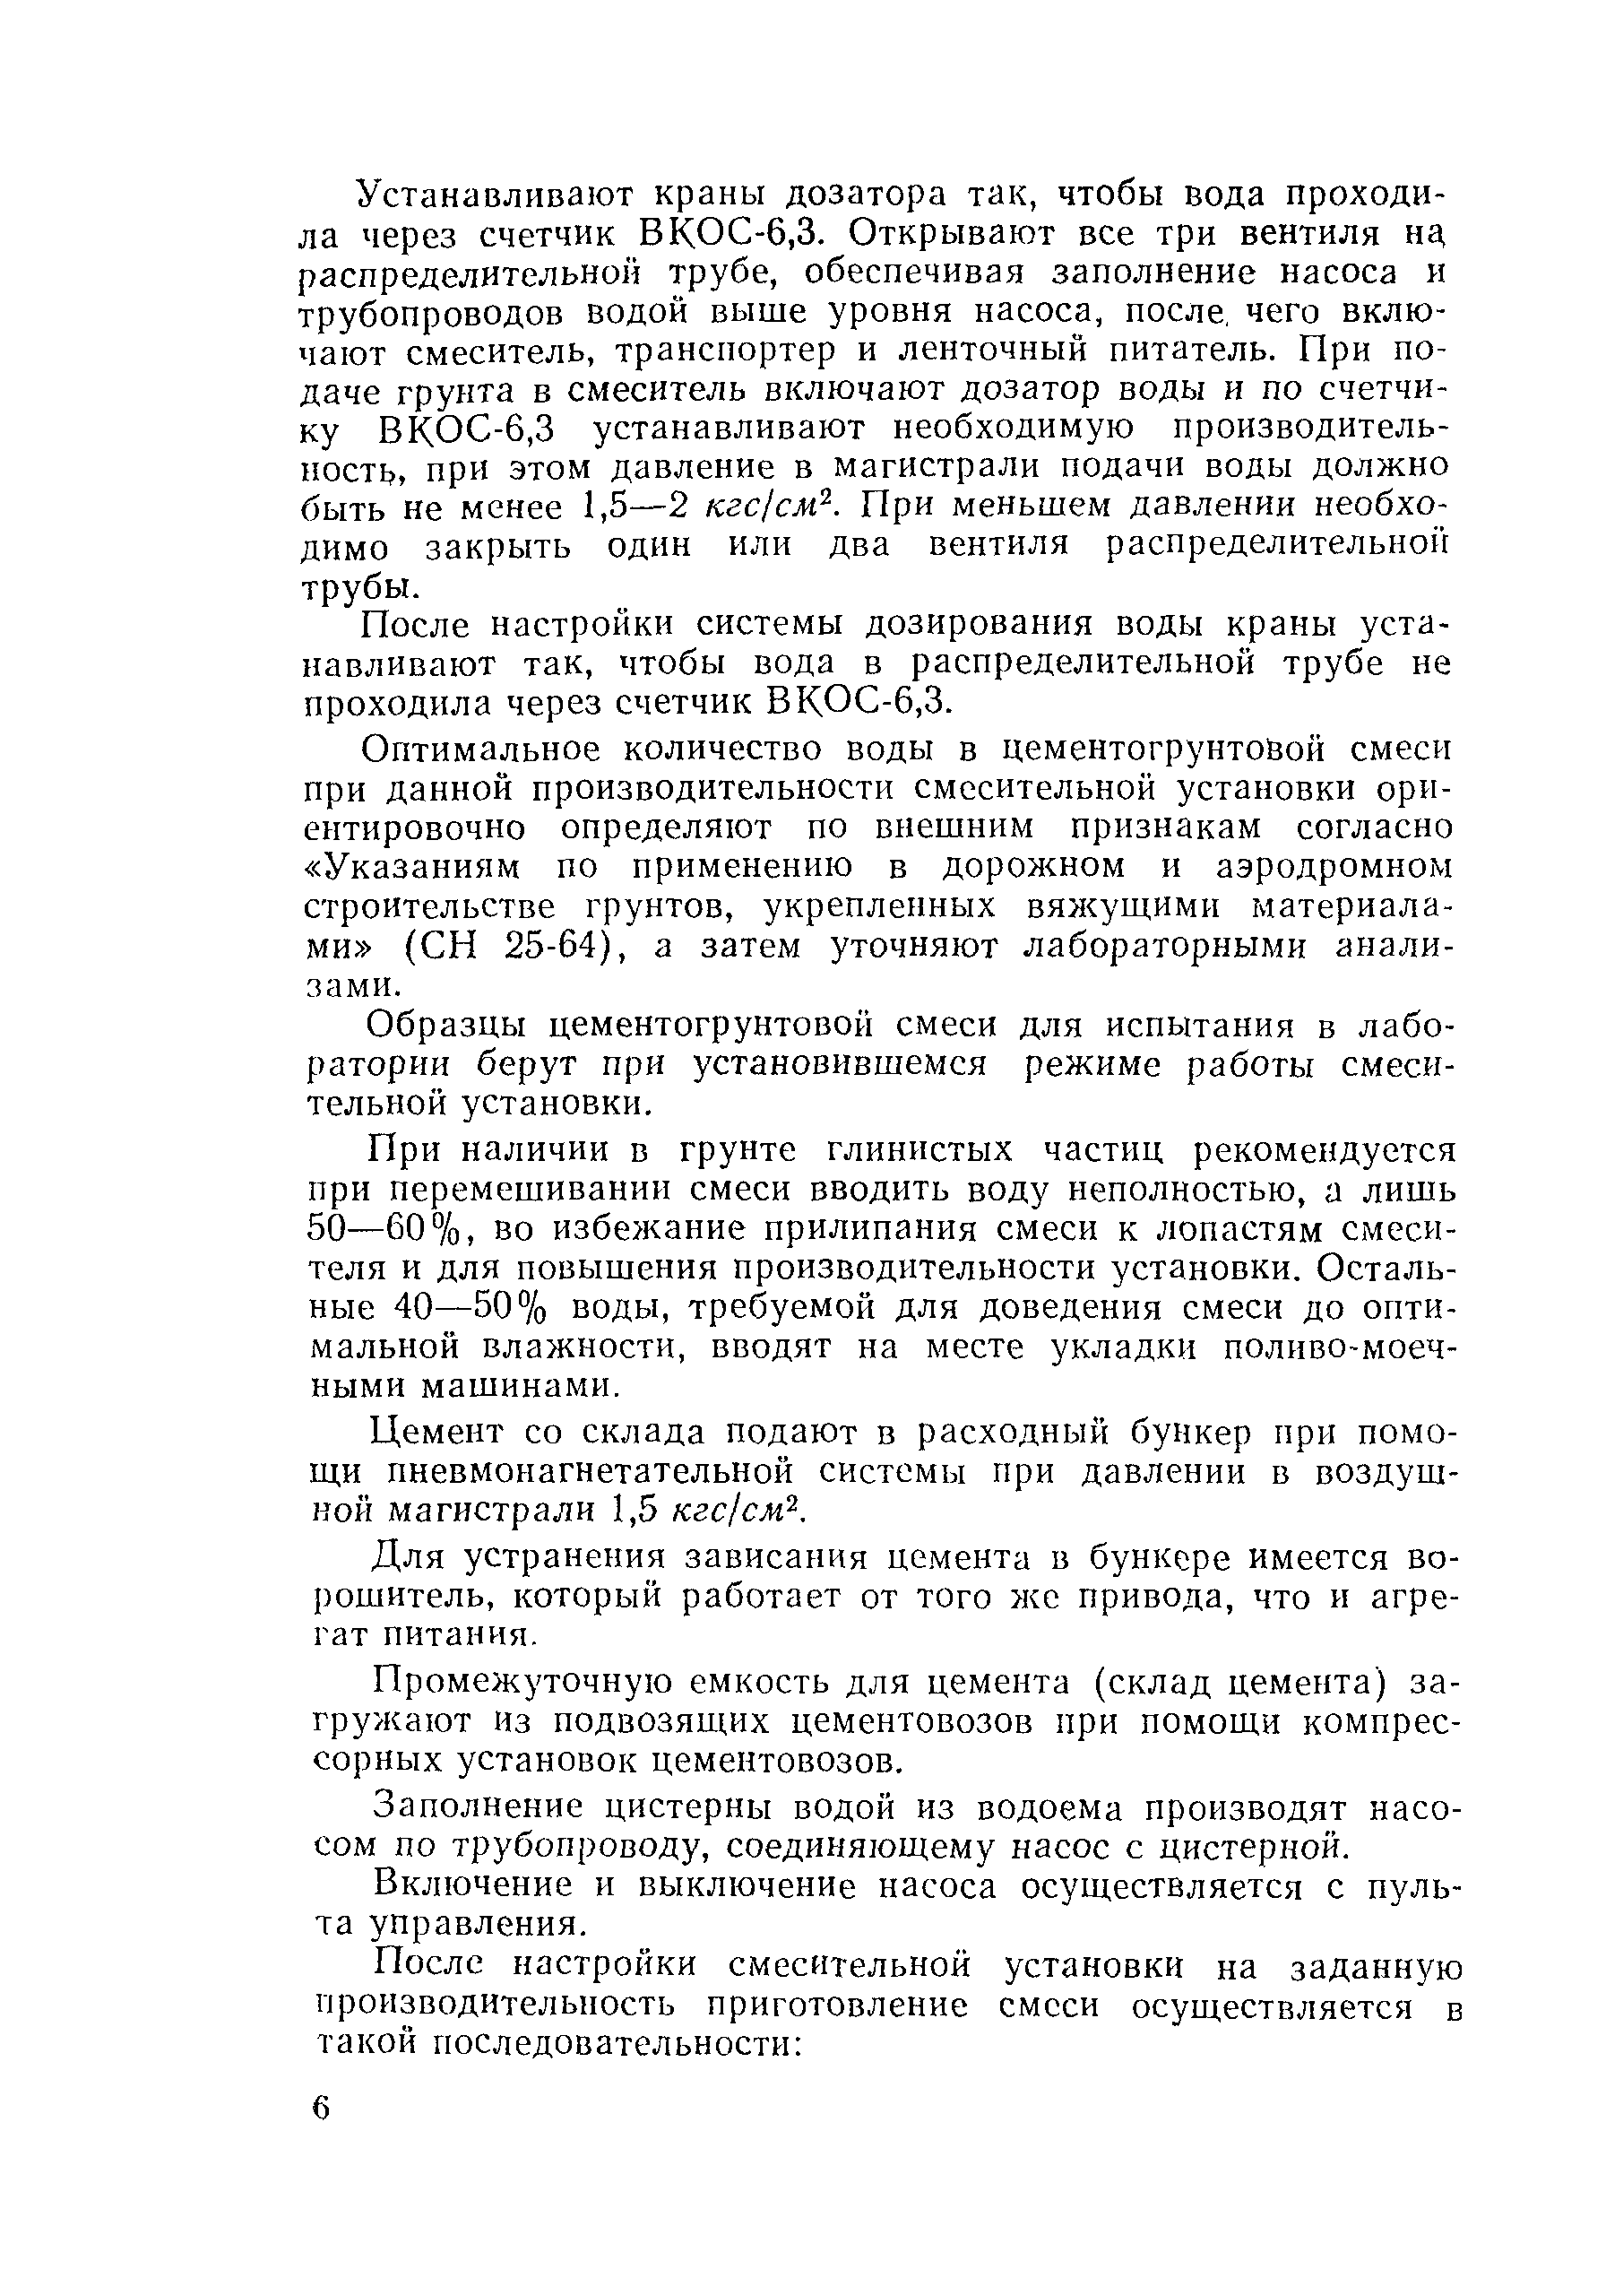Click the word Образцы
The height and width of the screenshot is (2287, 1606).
pyautogui.click(x=448, y=1025)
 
